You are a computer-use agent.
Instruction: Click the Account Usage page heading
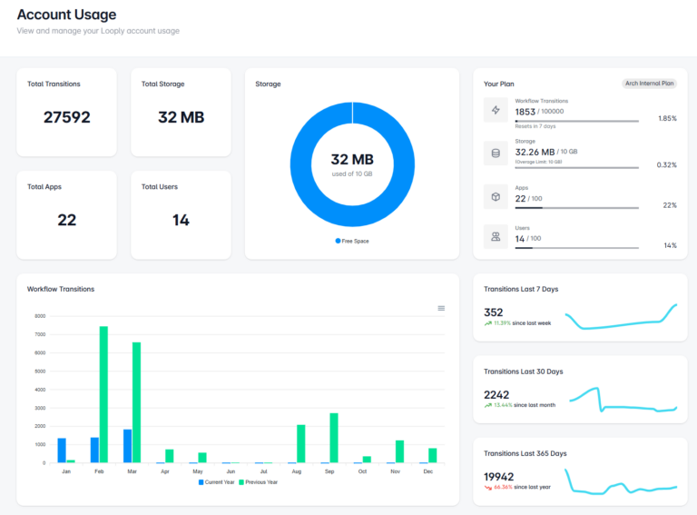coord(66,15)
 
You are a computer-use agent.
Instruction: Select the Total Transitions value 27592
coord(67,117)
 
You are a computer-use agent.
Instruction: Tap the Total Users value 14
coord(181,220)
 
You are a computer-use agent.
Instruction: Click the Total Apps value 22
coord(67,220)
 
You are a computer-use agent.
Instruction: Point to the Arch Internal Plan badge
coord(649,84)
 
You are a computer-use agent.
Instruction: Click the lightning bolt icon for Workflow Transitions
coord(496,111)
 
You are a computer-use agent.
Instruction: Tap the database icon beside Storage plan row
coord(496,153)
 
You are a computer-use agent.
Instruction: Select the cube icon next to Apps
coord(496,196)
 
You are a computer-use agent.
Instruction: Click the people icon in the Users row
coord(496,236)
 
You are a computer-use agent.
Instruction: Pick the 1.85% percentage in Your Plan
coord(667,119)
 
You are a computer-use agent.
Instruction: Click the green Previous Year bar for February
coord(103,394)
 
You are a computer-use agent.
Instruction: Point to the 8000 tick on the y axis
coord(40,316)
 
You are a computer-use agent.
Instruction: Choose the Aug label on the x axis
coord(296,470)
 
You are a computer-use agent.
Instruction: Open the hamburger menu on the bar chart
coord(441,308)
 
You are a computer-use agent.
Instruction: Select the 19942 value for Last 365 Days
coord(499,476)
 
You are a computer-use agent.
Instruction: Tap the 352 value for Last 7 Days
coord(494,312)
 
